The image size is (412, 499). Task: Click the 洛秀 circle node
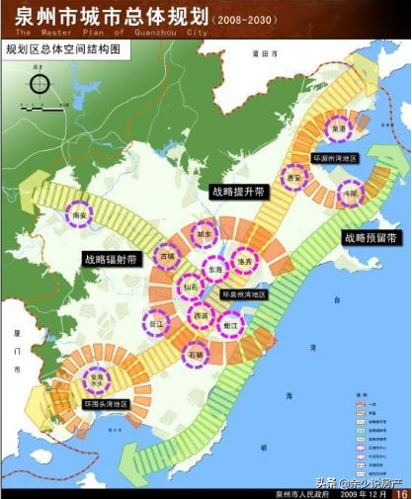tap(247, 262)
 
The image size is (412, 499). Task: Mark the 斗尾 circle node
tap(350, 195)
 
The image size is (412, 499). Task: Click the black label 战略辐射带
tap(111, 259)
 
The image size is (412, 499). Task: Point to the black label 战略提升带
tap(238, 192)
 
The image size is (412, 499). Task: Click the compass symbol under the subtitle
tap(39, 84)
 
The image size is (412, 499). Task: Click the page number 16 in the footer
tap(400, 491)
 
